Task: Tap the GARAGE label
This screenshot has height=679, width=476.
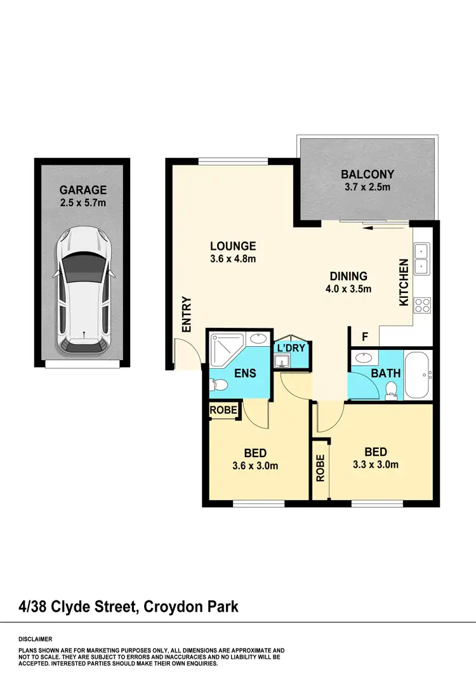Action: (83, 190)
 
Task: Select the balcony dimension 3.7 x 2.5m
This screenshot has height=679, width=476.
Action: (367, 187)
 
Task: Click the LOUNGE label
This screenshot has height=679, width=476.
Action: (233, 246)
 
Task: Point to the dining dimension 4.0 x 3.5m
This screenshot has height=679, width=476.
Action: (348, 288)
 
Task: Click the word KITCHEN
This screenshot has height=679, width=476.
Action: (403, 283)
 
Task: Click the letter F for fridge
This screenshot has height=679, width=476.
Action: (365, 336)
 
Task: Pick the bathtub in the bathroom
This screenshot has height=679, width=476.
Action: (418, 374)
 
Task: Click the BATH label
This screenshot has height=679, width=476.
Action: (386, 373)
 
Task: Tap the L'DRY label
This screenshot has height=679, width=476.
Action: (291, 347)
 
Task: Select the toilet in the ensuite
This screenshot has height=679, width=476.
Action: (218, 384)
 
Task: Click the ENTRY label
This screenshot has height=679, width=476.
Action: (187, 314)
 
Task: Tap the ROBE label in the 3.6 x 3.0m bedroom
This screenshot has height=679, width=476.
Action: (223, 411)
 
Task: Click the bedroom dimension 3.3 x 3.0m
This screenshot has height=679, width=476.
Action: (376, 465)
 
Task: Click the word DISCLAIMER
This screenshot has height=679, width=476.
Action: (36, 639)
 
